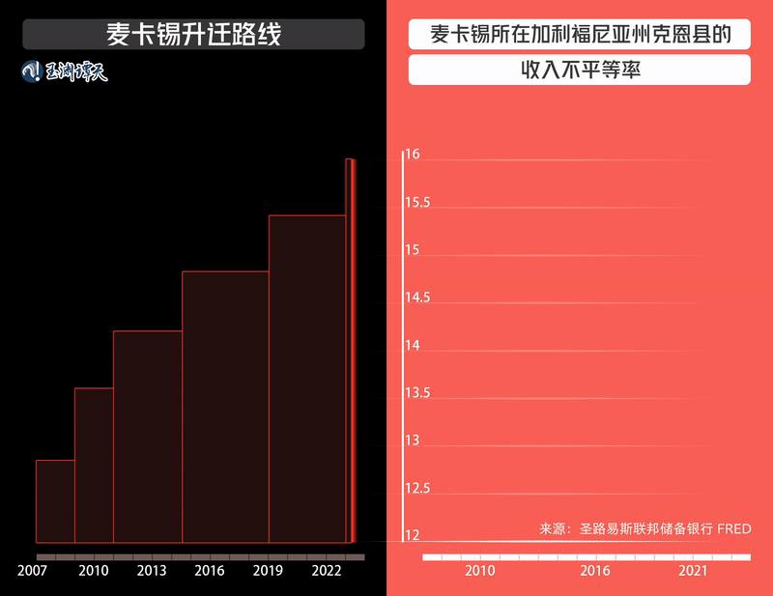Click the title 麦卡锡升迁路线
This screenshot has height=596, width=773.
coord(193,35)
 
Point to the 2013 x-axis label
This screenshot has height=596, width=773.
coord(152,571)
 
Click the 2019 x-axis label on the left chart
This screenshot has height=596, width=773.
coord(268,571)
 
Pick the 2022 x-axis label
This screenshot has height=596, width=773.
coord(326,571)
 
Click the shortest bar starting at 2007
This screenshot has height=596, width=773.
coord(55,501)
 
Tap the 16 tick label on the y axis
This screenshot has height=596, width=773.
coord(413,156)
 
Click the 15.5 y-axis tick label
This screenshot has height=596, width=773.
coord(417,203)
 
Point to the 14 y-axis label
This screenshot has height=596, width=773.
coord(413,346)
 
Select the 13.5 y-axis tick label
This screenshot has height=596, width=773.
coord(417,393)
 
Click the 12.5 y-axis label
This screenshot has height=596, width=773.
coord(417,489)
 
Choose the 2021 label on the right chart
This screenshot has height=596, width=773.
coord(693,571)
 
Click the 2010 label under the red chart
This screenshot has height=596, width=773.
coord(480,571)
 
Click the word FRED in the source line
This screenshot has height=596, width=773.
coord(733,529)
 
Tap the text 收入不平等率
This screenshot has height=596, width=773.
coord(580,71)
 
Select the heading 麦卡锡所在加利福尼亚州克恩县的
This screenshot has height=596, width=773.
coord(580,36)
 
